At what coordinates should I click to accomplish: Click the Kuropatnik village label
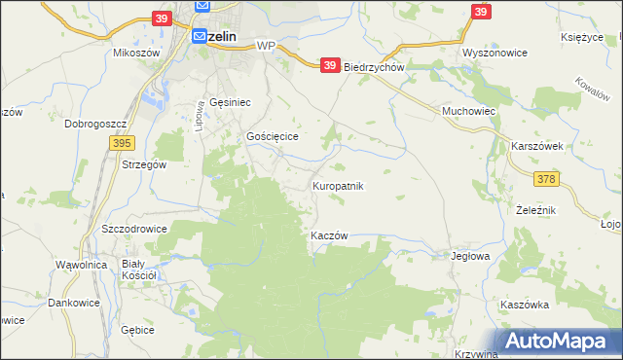click(338, 185)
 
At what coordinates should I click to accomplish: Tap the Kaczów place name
click(329, 236)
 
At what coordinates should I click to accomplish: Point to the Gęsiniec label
click(231, 102)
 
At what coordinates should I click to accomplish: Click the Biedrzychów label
click(374, 68)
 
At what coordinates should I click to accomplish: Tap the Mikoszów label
click(136, 53)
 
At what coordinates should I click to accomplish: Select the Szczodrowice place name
click(134, 229)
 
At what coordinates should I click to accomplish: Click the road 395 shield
click(121, 143)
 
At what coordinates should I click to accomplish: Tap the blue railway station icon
click(199, 36)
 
